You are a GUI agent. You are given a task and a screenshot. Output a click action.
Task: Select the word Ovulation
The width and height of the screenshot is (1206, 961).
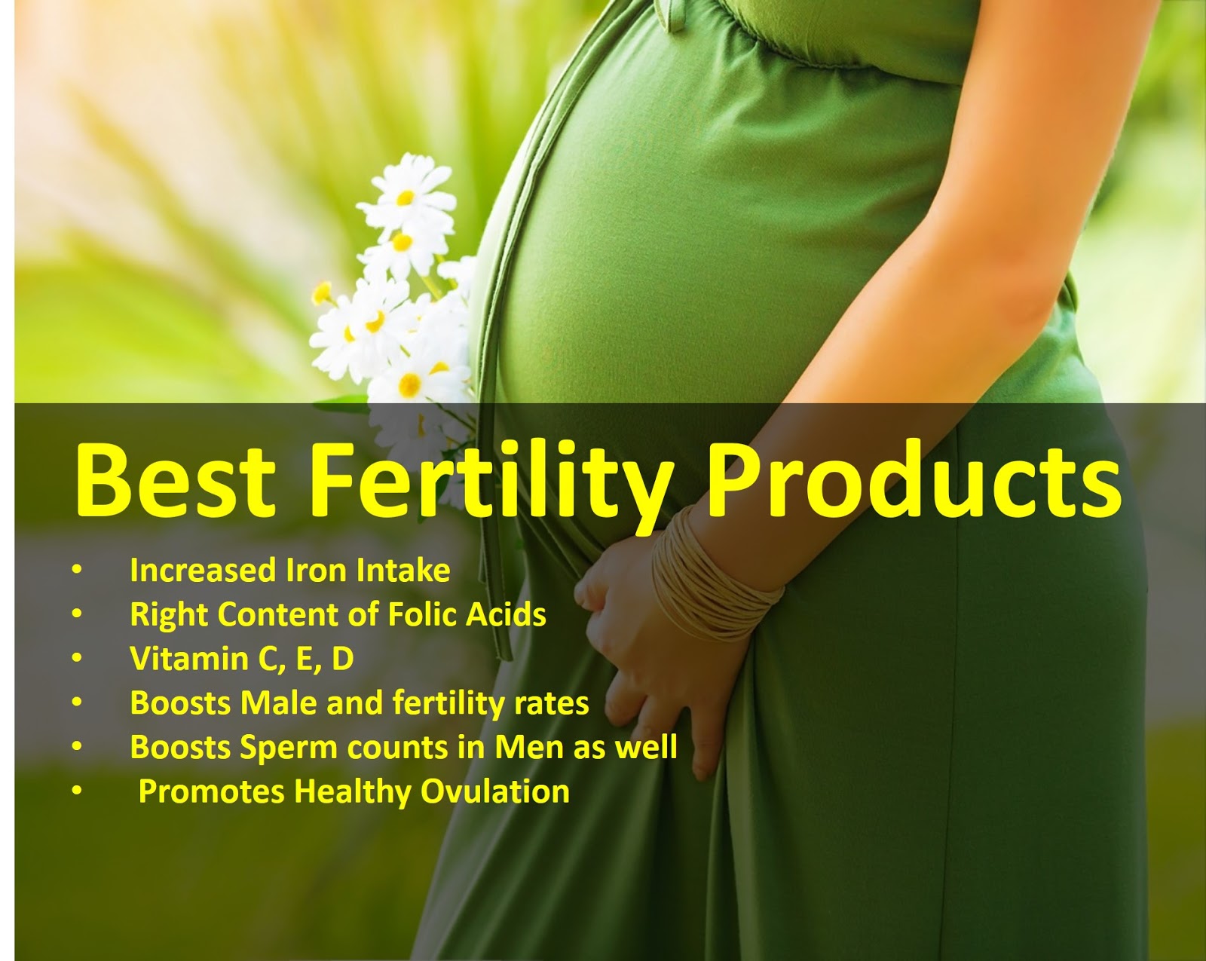[495, 792]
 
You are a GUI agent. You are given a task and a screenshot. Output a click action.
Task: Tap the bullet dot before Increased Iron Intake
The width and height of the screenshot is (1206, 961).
[77, 571]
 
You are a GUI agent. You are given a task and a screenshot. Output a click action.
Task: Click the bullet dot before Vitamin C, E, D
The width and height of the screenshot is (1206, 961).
[77, 659]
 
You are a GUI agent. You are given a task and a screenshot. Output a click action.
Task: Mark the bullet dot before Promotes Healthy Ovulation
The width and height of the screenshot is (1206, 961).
[77, 792]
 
